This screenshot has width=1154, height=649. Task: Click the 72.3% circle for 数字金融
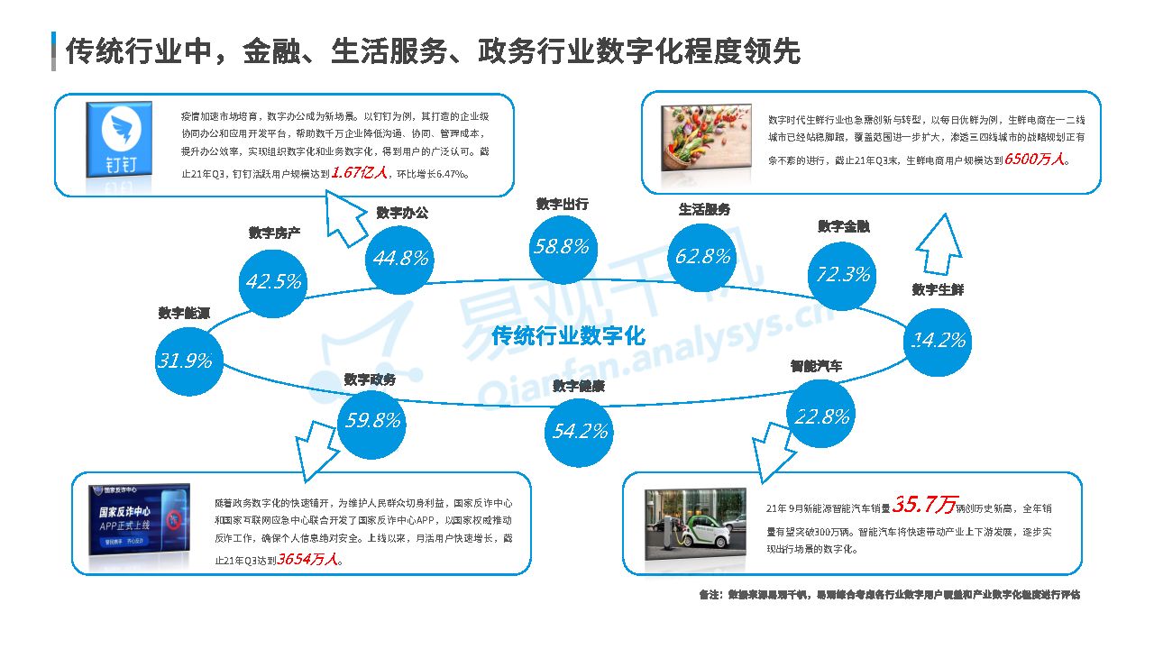pos(843,274)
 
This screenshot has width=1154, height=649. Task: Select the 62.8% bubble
pos(702,256)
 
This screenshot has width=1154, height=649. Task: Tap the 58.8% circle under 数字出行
pos(561,245)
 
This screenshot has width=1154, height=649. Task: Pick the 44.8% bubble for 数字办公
pos(400,258)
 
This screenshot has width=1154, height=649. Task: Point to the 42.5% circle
pos(273,281)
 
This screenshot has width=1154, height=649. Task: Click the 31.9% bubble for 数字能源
pos(185,361)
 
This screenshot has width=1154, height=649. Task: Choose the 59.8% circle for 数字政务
pos(372,420)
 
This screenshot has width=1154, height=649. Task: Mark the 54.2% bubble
pos(580,431)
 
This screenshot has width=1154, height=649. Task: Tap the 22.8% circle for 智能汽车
pos(821,416)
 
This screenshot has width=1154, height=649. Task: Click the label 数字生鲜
pos(938,289)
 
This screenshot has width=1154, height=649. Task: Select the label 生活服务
pos(704,209)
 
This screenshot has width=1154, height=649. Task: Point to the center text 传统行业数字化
pos(569,336)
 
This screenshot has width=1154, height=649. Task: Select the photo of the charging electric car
pos(696,525)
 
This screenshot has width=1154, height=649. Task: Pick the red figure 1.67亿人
pos(358,172)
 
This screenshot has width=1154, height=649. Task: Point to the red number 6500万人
pos(1036,159)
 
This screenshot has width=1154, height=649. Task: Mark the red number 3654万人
pos(308,559)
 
